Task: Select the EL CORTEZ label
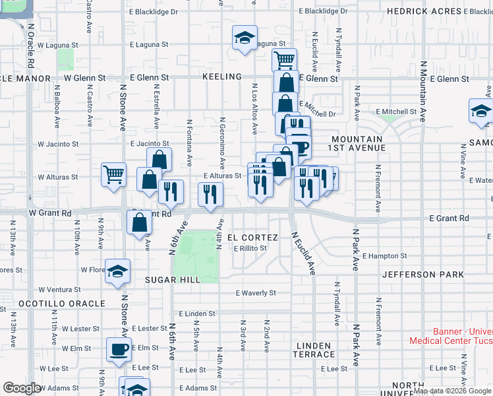point(249,237)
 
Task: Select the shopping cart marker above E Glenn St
point(284,60)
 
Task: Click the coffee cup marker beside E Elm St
point(119,349)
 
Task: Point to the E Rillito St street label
point(250,248)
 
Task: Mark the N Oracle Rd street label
point(30,46)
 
